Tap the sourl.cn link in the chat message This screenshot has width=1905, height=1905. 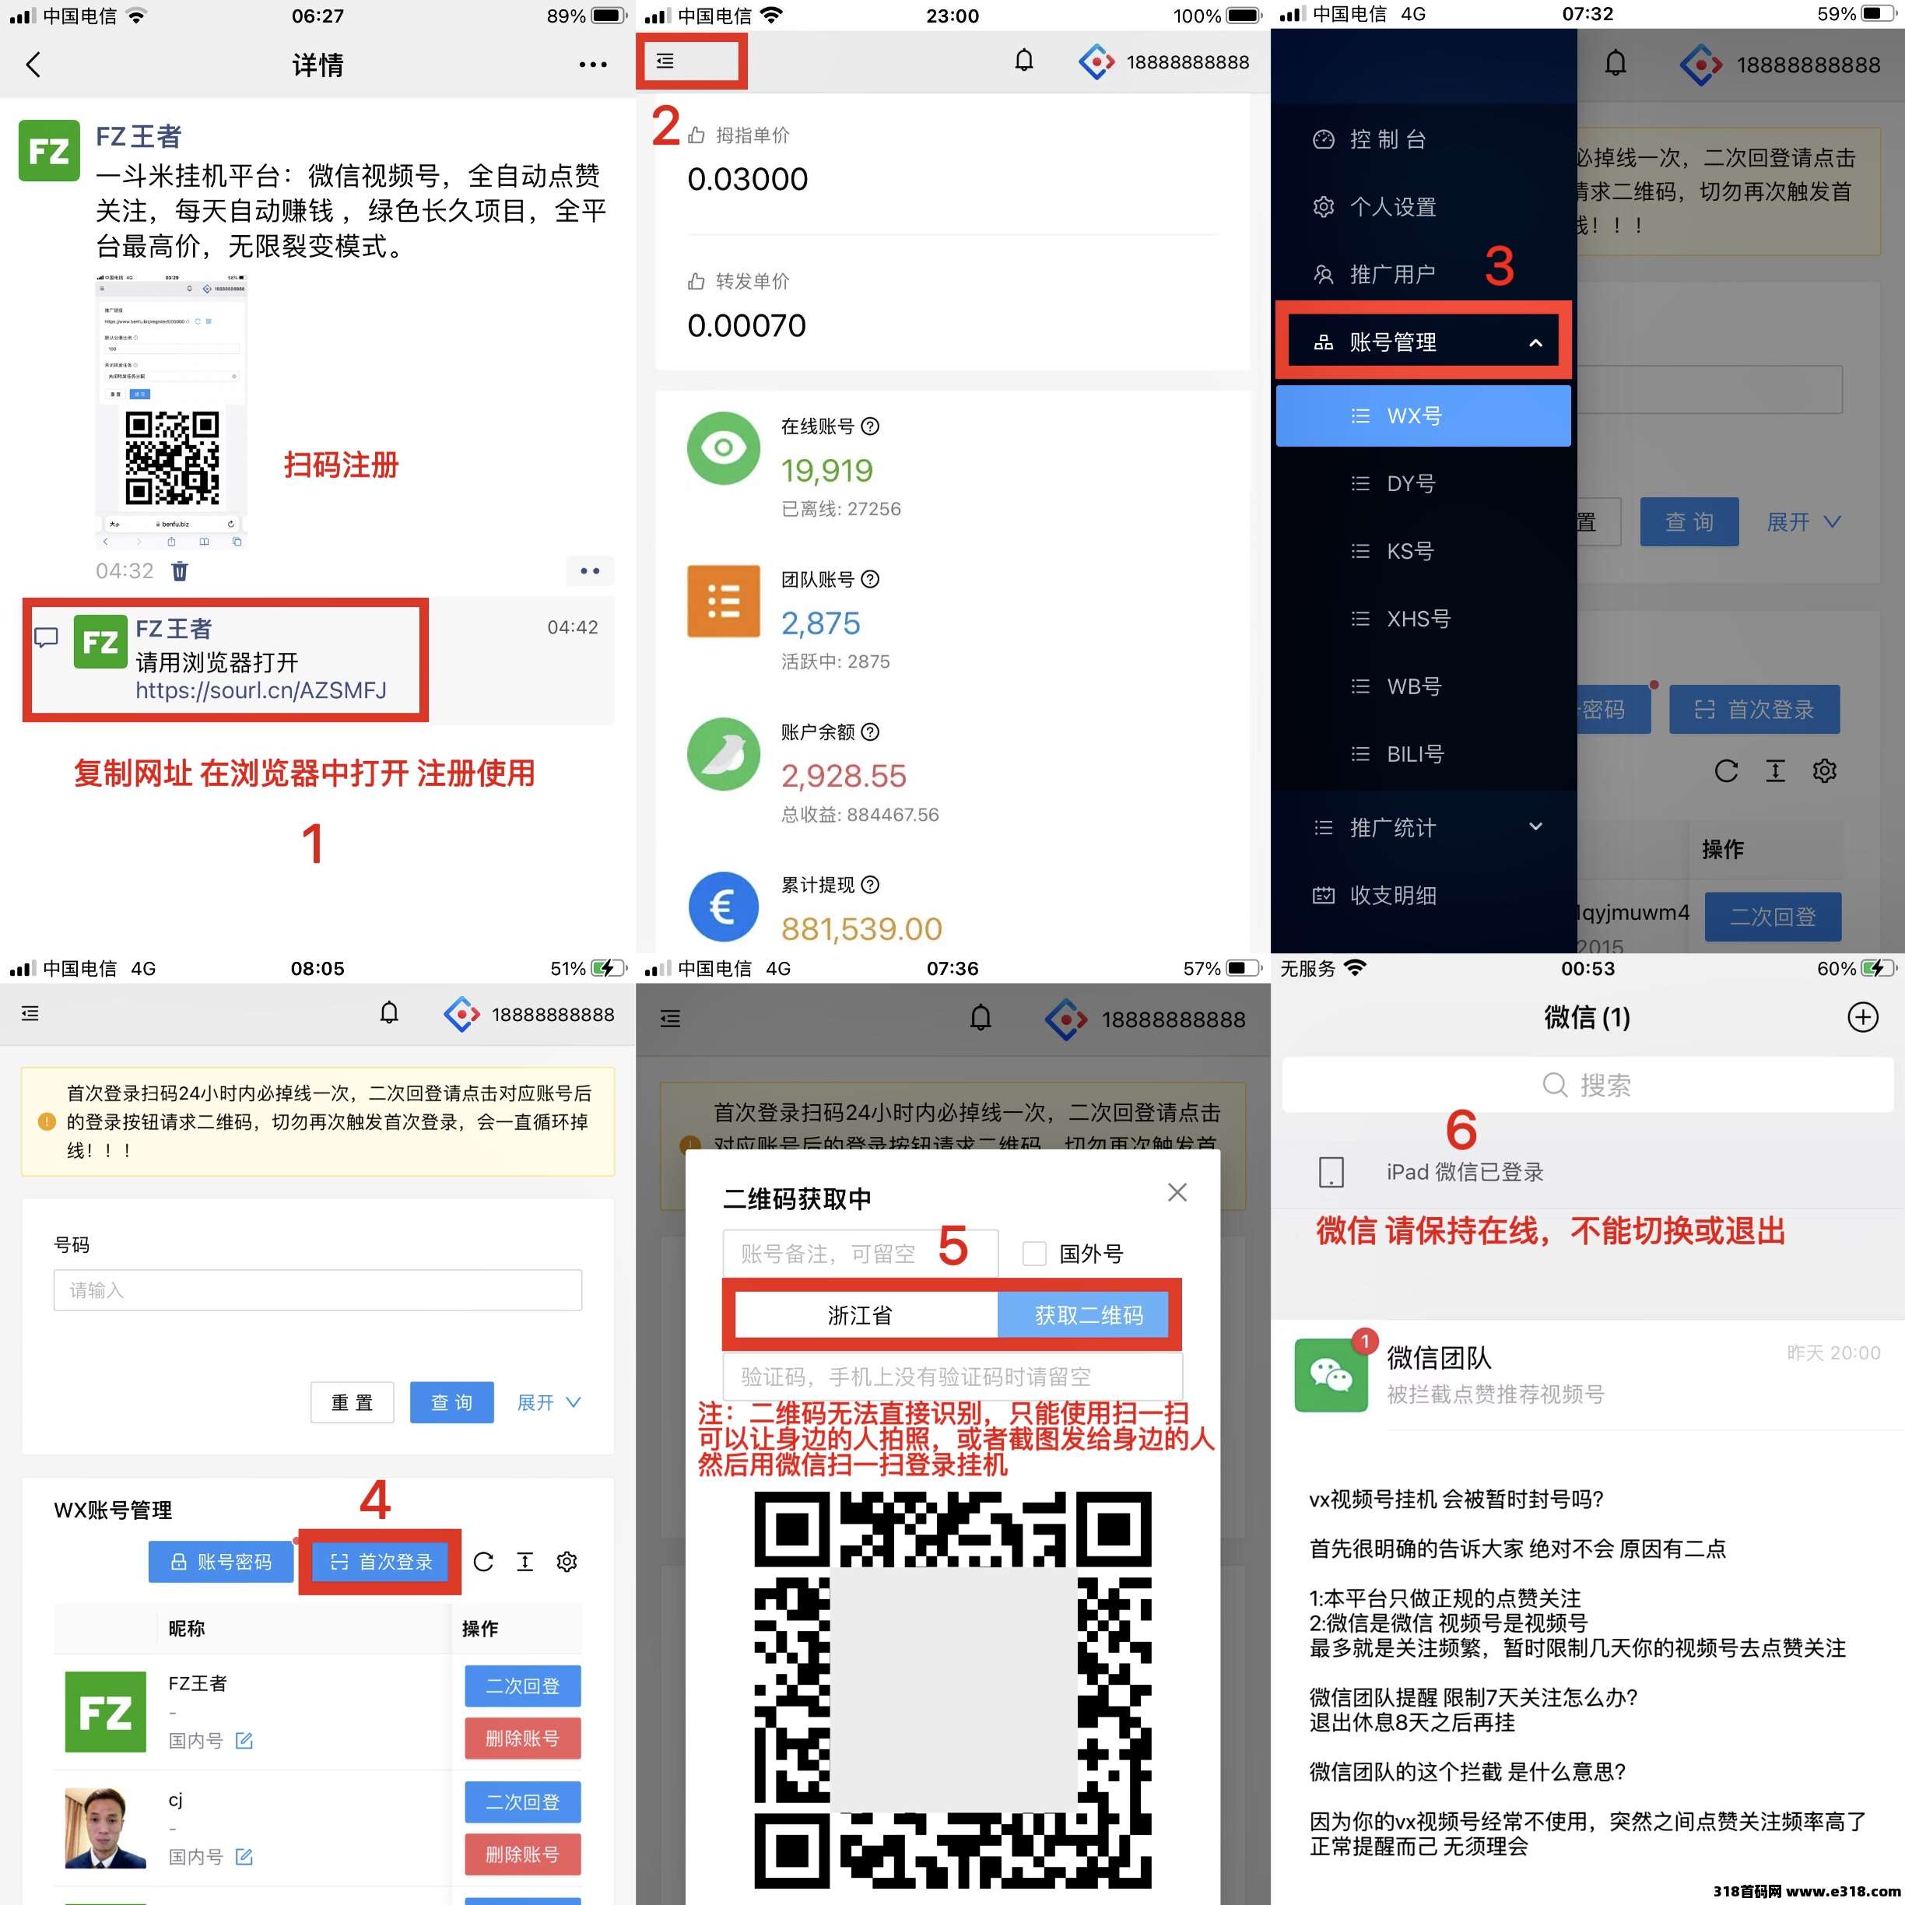coord(261,690)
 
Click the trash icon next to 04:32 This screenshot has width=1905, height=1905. coord(180,571)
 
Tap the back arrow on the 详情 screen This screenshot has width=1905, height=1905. coord(33,65)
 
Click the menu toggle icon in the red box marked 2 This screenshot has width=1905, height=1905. coord(665,61)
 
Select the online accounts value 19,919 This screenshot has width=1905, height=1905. coord(826,470)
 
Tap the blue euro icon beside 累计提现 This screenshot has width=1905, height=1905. coord(723,906)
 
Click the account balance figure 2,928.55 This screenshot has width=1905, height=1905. coord(843,776)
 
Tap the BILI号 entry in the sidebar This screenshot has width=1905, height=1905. coord(1414,754)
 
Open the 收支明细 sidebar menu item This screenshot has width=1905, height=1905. coord(1391,896)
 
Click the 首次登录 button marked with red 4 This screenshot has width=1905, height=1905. coord(381,1562)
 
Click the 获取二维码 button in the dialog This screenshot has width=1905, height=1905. coord(1088,1315)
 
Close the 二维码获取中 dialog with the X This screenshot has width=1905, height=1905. coord(1177,1192)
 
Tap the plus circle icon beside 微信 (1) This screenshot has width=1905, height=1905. coord(1861,1016)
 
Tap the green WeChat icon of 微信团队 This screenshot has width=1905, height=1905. coord(1330,1374)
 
